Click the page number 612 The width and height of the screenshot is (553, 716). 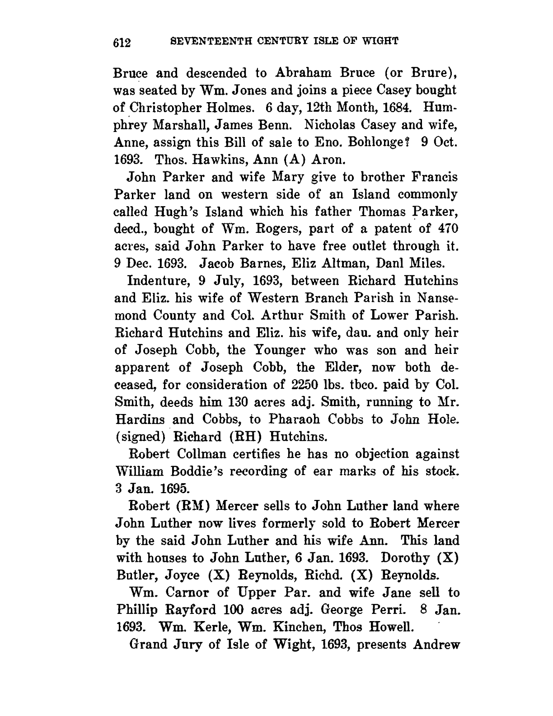122,42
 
